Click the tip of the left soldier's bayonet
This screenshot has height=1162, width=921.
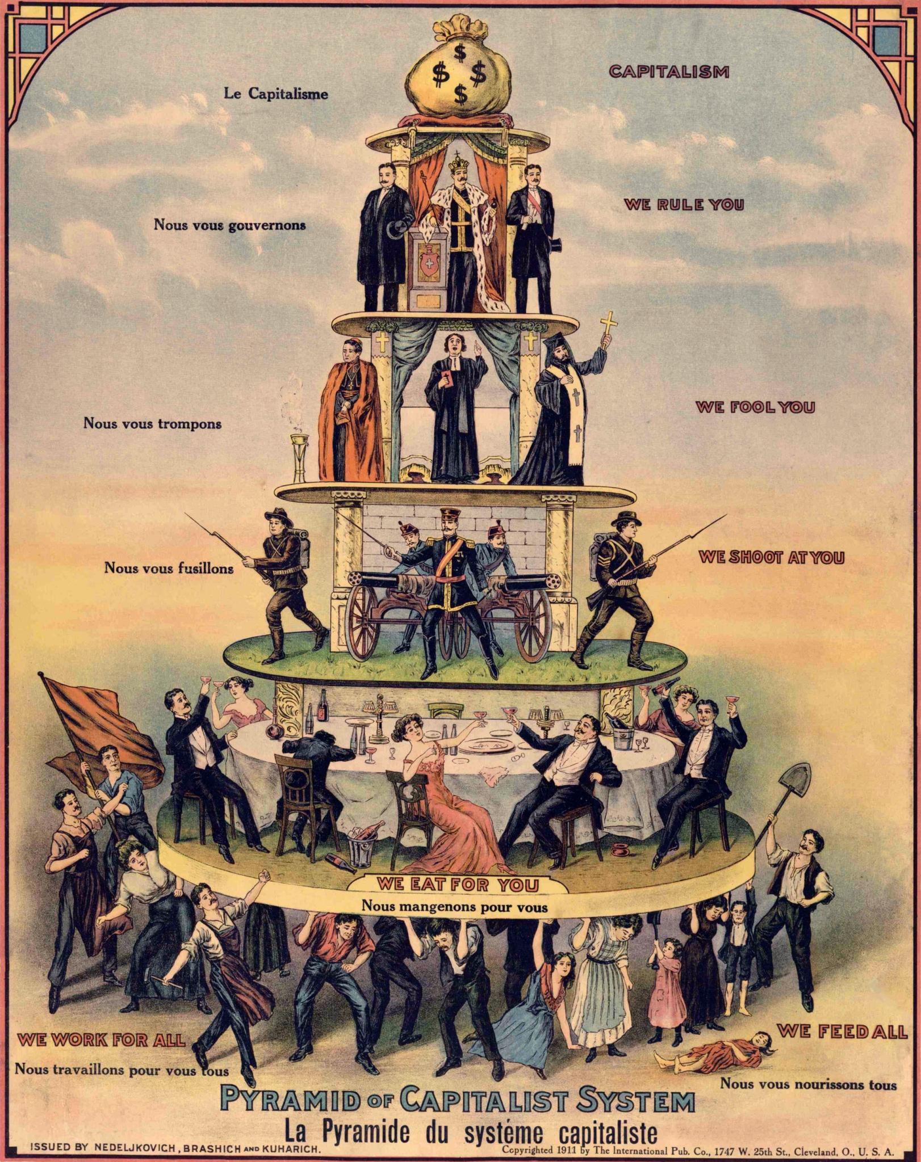[185, 515]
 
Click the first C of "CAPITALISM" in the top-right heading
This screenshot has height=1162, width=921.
[615, 71]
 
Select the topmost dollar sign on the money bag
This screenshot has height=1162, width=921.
[460, 53]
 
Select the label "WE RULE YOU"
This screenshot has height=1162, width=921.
[684, 204]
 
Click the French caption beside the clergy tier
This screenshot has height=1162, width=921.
[153, 423]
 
